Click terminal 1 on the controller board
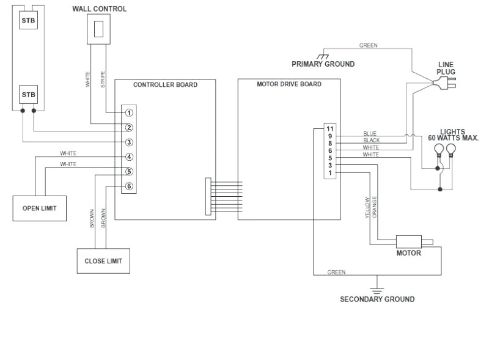[129, 112]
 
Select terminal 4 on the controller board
[129, 157]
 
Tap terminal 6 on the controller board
[129, 186]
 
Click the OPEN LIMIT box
[40, 208]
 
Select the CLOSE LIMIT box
[103, 261]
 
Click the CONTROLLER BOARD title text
[165, 85]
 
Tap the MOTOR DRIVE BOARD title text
[289, 84]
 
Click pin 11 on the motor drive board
[330, 128]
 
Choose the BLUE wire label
[370, 133]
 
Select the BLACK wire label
[371, 141]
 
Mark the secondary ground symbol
[377, 283]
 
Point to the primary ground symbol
[323, 56]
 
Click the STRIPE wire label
[103, 79]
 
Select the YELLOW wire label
[367, 208]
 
